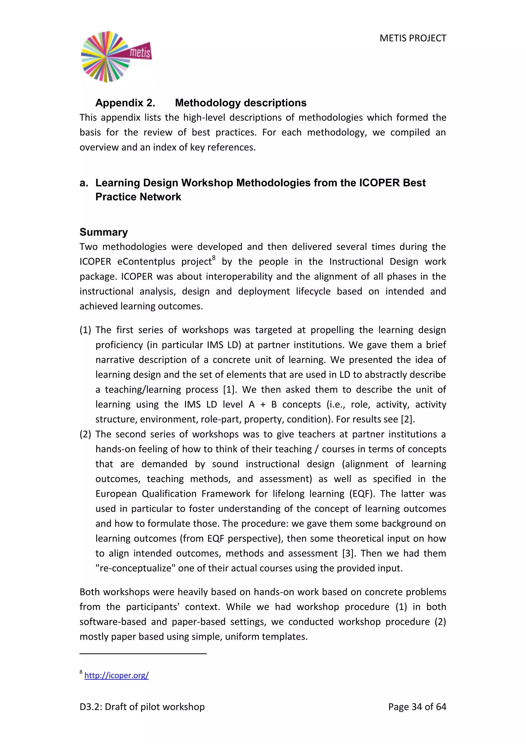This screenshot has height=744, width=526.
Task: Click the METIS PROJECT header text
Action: (x=413, y=38)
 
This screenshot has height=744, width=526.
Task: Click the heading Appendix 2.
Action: (x=125, y=103)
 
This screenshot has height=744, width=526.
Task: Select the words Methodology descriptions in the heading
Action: (x=240, y=103)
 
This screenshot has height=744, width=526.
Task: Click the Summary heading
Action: (x=104, y=232)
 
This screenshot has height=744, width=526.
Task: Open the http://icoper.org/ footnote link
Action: (x=116, y=675)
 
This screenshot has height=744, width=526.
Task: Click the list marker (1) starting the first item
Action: (x=85, y=330)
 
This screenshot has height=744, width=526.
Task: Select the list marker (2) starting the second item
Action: (x=85, y=434)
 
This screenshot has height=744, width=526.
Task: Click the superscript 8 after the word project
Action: (x=214, y=258)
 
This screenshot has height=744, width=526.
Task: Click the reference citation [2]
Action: (x=407, y=419)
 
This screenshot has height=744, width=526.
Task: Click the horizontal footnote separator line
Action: (x=143, y=654)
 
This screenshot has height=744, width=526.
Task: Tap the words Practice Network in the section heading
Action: (x=138, y=197)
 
